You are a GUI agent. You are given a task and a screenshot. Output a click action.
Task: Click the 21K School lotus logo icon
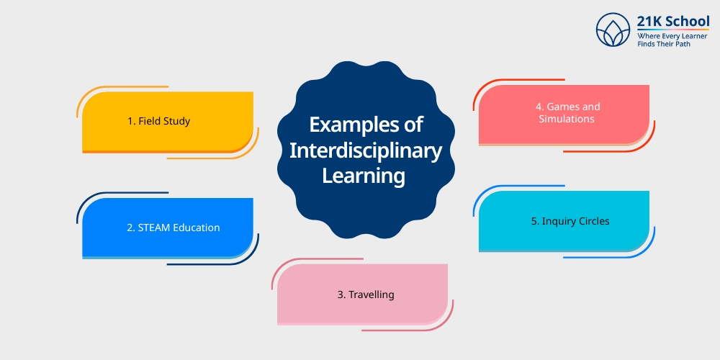[x=613, y=31]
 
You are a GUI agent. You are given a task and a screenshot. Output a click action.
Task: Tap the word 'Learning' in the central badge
[x=364, y=175]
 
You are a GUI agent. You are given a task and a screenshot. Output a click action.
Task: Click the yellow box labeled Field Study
[x=168, y=121]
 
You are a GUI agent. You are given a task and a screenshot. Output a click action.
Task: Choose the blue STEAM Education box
[x=168, y=228]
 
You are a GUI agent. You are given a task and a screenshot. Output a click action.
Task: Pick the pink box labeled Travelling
[x=362, y=294]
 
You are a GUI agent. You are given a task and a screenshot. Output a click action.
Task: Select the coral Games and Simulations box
[x=564, y=113]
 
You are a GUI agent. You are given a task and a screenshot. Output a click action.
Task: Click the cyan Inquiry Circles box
[x=564, y=221]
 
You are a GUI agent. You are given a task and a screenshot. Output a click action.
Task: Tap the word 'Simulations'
[x=567, y=119]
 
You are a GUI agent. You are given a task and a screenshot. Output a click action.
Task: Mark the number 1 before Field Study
[x=130, y=121]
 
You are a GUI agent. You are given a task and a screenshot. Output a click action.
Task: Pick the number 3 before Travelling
[x=340, y=294]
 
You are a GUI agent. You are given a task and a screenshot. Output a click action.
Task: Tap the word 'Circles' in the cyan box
[x=594, y=221]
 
